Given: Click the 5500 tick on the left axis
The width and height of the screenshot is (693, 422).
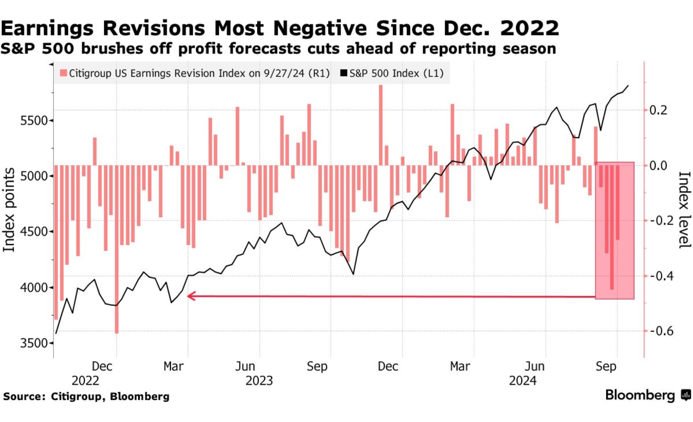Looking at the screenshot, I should pos(34,120).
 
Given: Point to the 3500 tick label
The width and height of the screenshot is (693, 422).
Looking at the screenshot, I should pos(34,343).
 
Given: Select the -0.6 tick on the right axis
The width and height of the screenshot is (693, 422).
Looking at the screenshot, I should pos(662,331).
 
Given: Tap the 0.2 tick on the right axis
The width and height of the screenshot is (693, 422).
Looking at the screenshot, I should pos(658,110).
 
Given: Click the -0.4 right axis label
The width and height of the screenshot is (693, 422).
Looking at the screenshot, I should pos(662,276).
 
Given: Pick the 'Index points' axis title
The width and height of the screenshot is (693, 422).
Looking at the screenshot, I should pos(9,209).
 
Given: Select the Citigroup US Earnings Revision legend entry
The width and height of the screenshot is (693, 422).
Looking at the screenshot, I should pos(195,73).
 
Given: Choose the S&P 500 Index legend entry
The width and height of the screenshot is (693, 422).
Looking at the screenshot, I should pos(392,73).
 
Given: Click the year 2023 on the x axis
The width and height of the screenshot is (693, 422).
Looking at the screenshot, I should pos(259,381).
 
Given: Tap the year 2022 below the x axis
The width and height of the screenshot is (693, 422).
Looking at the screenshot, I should pos(85,381).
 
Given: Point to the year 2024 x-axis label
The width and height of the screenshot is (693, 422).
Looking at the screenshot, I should pos(522,381).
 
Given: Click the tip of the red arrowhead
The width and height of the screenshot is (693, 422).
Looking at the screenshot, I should pos(188,296).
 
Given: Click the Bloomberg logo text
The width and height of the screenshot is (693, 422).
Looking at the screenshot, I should pos(640,395).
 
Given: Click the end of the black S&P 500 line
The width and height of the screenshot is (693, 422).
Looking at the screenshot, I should pos(628,86).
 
